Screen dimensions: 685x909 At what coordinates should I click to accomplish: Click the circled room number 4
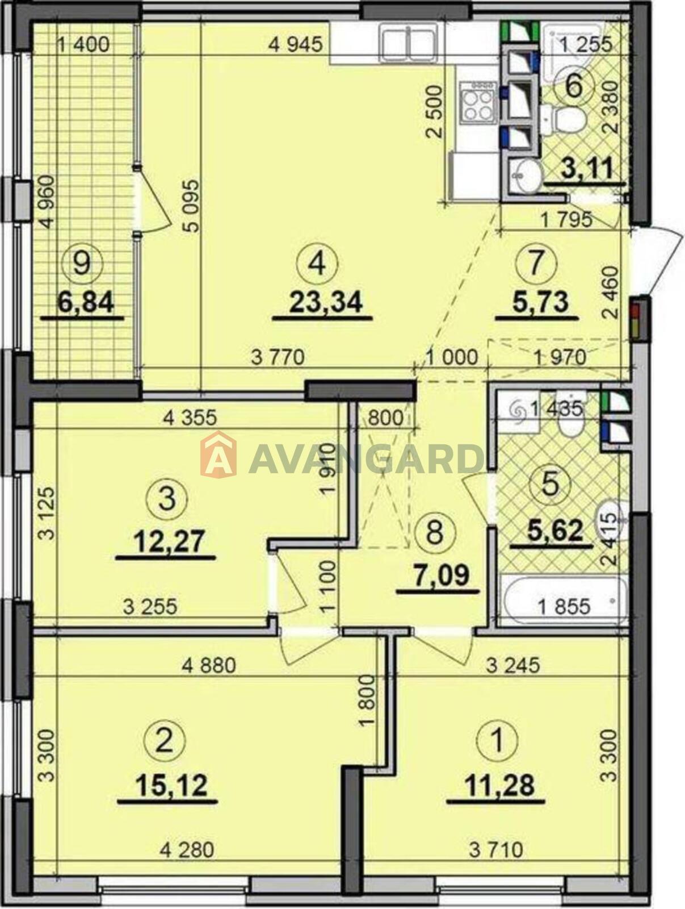click(x=317, y=263)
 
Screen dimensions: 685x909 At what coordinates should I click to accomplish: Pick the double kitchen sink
click(x=409, y=42)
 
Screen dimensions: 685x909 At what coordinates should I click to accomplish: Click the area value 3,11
click(x=585, y=169)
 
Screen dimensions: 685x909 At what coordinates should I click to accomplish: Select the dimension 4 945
click(x=295, y=44)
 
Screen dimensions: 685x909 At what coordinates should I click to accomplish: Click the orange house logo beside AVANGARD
click(x=218, y=454)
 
